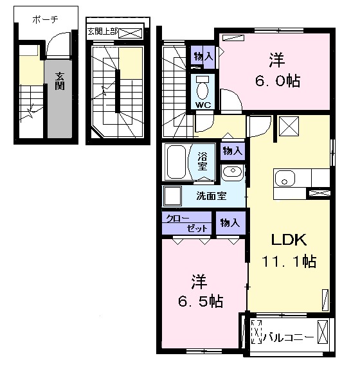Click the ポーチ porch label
(45, 19)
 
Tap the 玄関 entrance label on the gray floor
(60, 81)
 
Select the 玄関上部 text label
(102, 31)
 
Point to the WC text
(203, 105)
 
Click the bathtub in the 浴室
(177, 162)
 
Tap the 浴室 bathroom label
(203, 161)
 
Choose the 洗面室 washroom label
(211, 196)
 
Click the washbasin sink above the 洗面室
(233, 172)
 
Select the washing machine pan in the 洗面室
(172, 195)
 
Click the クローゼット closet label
(186, 223)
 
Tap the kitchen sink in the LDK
(285, 178)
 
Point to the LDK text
(289, 240)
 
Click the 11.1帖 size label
(289, 261)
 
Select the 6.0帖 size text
(278, 81)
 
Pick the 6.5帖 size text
(201, 301)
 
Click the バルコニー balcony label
(289, 337)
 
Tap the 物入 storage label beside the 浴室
(232, 151)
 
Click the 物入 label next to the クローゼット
(230, 223)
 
